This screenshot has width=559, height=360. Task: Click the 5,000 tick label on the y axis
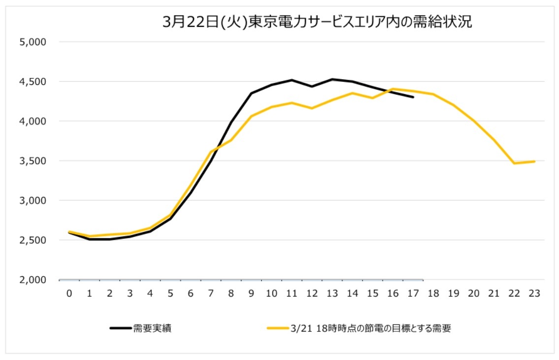(33, 42)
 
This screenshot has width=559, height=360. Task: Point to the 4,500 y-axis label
(33, 81)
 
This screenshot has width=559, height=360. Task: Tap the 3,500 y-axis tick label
(33, 161)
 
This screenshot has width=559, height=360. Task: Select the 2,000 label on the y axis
(33, 280)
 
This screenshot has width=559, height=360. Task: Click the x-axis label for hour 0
(69, 294)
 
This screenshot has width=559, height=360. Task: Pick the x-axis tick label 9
(251, 294)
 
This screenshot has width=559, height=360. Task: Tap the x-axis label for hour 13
(332, 294)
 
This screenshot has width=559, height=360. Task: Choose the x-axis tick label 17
(413, 294)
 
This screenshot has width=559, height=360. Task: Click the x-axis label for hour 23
(534, 294)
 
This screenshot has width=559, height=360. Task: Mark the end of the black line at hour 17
(413, 97)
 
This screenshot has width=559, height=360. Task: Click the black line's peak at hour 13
(332, 79)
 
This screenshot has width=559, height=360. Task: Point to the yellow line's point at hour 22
(514, 163)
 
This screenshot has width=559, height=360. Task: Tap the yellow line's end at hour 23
(534, 161)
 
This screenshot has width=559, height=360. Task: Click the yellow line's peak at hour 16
(393, 89)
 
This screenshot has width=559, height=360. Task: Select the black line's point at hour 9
(251, 93)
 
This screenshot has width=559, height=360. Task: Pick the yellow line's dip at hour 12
(312, 108)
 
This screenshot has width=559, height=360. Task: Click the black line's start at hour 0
(69, 232)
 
